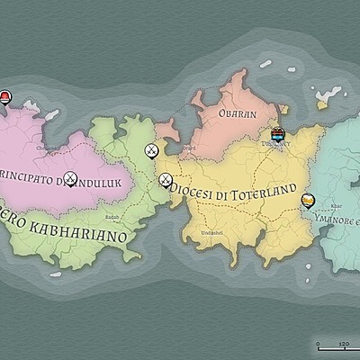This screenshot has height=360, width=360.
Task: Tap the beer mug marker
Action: (x=308, y=202)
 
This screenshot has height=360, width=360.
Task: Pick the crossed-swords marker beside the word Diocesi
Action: (x=166, y=180)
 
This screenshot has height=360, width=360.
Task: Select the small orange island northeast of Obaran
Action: (x=283, y=109)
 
